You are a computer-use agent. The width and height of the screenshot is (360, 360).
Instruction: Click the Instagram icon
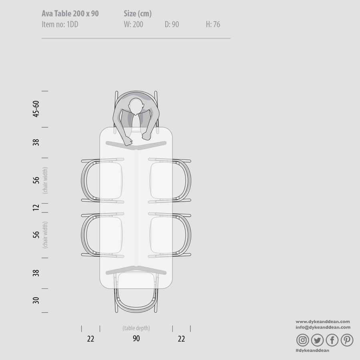tap(303, 340)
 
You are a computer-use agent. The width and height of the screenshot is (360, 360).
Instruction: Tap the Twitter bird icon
tap(317, 340)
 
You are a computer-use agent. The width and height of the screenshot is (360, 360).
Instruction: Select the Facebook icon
tap(332, 340)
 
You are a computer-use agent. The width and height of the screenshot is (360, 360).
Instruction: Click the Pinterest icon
tap(347, 340)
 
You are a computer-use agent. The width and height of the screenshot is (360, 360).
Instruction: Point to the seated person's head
tap(136, 106)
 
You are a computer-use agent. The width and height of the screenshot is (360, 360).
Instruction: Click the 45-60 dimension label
tap(36, 109)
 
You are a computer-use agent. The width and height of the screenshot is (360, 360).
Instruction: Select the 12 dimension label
tap(36, 208)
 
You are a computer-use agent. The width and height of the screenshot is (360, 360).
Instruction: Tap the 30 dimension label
tap(36, 300)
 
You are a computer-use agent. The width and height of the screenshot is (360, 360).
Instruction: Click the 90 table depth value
tap(136, 338)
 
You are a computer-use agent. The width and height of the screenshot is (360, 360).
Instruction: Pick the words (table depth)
tap(136, 328)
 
